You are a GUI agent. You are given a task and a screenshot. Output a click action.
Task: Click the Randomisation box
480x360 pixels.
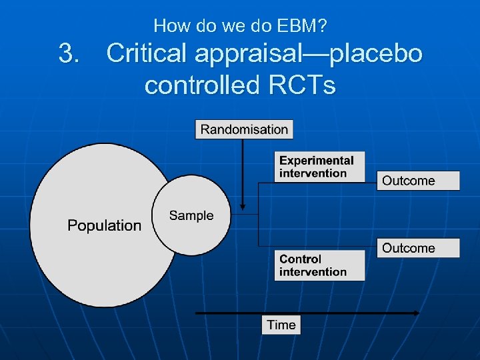coord(244,129)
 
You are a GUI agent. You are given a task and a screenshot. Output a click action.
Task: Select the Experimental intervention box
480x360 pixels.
coord(320,167)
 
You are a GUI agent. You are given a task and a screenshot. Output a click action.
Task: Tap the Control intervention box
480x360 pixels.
coord(319,265)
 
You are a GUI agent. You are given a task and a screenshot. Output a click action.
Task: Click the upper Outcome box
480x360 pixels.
coord(418,181)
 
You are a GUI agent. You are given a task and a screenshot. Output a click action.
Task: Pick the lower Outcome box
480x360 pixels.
coord(418,248)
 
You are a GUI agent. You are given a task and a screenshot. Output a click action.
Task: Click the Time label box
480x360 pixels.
coord(281,325)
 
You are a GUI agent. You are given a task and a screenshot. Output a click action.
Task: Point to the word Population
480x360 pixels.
coord(105,225)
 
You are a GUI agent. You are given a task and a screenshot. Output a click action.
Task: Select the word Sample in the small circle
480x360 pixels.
coord(191,215)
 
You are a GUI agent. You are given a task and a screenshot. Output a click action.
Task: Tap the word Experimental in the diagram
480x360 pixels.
coord(317,161)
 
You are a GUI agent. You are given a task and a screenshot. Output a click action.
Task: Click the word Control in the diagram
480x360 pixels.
coord(300,259)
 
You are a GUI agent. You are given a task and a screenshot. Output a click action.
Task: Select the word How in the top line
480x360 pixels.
coord(169,26)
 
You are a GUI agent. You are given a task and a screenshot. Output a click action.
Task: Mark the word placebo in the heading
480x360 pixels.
coord(377,53)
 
